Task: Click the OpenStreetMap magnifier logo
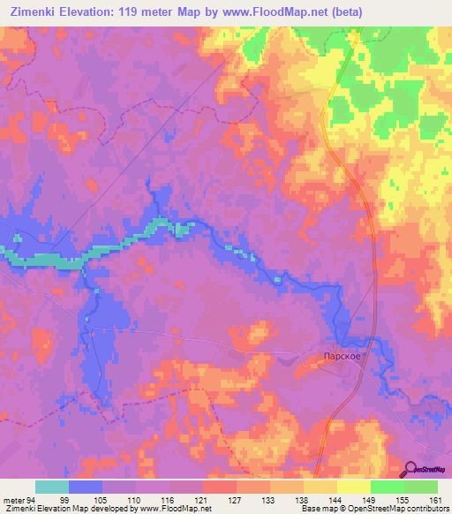click(x=411, y=468)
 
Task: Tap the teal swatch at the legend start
click(x=52, y=487)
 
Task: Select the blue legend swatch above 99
click(x=86, y=487)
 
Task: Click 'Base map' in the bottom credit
click(x=317, y=509)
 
